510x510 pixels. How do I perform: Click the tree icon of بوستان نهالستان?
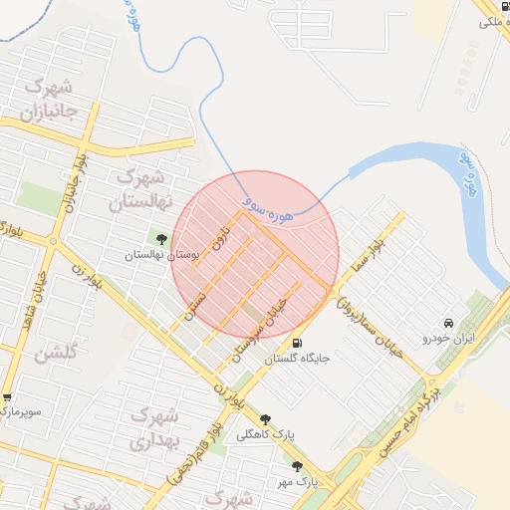point(161,237)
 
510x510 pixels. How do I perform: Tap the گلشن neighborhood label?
point(54,355)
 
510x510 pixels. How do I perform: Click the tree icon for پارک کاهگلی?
point(265,419)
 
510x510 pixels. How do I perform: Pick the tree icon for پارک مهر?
point(296,465)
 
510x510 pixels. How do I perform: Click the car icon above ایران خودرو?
point(449,323)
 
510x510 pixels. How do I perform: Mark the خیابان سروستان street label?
point(261,327)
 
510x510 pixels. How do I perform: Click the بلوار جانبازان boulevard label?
point(69,185)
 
